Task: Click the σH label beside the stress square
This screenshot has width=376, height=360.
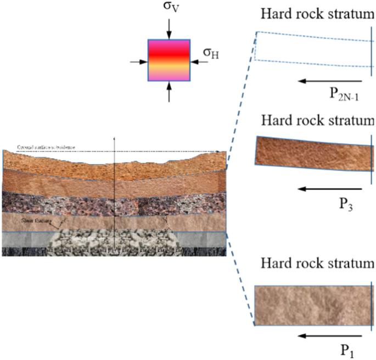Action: [212, 53]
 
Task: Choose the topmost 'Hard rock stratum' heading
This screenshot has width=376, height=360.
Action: [317, 13]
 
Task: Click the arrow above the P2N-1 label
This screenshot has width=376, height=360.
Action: [330, 80]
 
